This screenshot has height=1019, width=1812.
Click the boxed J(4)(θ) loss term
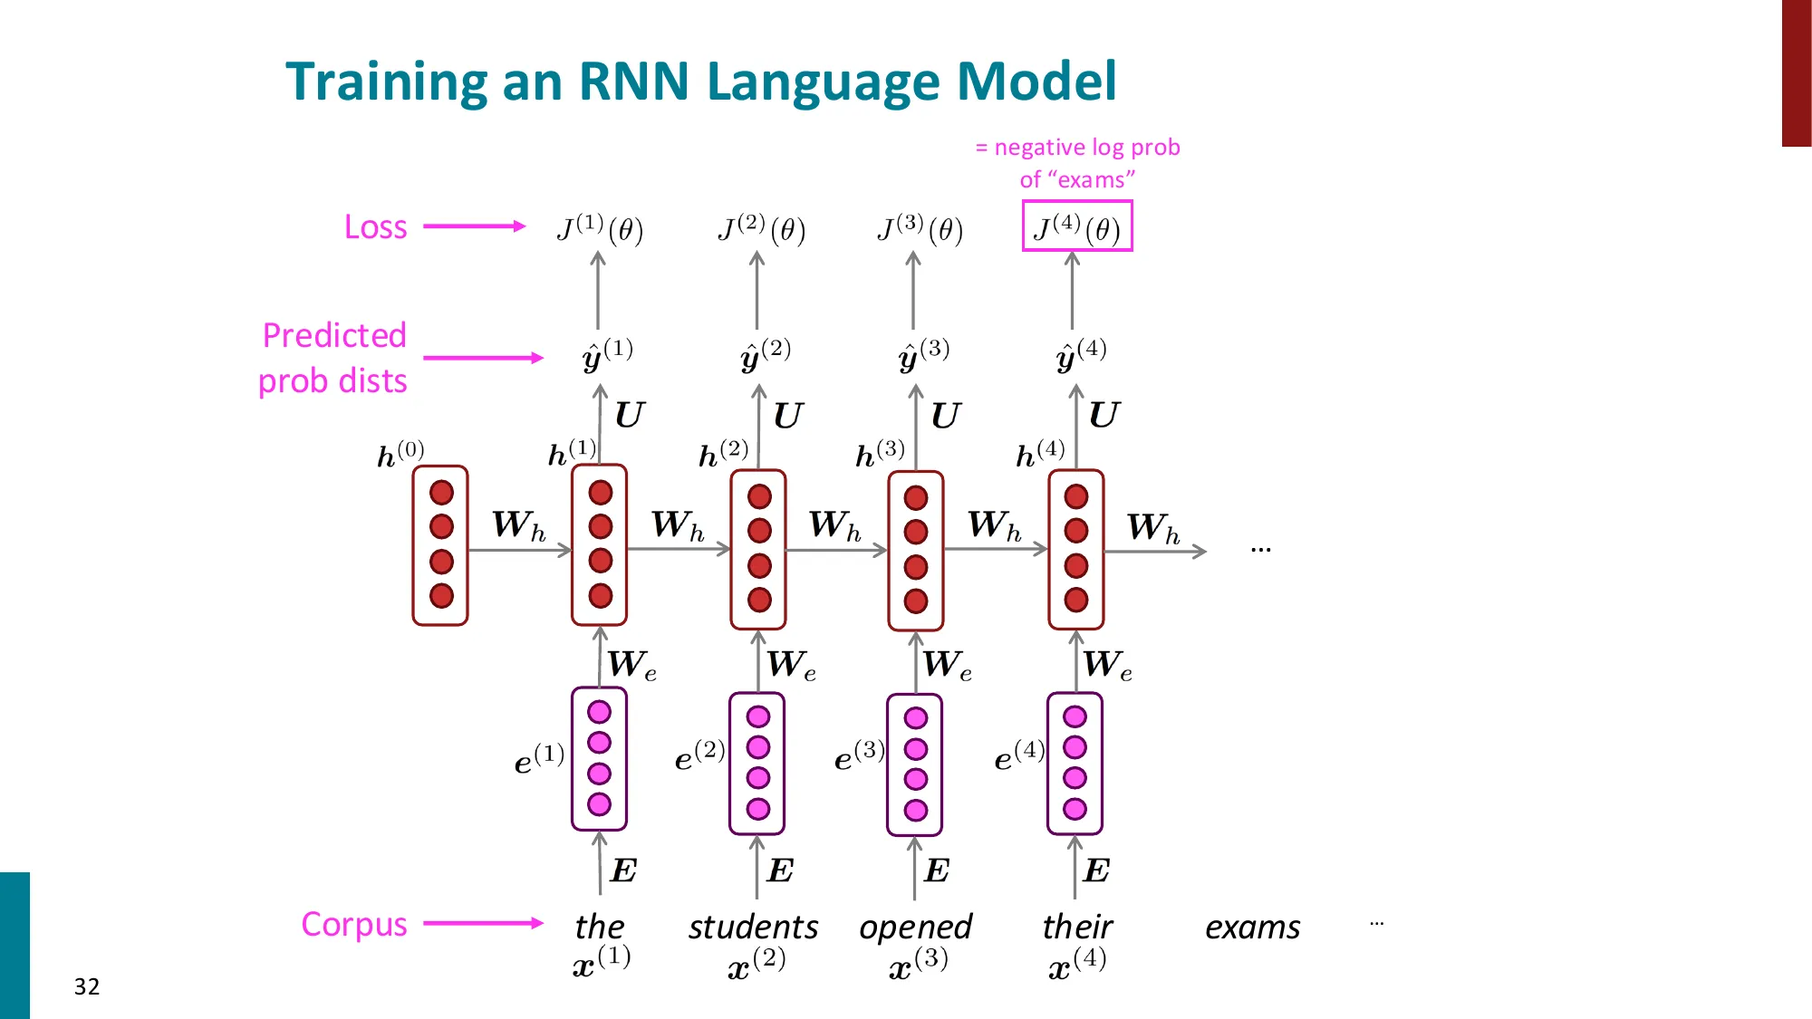[x=1076, y=226]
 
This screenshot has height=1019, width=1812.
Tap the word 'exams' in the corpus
[x=1252, y=927]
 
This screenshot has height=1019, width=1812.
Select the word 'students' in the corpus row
[x=753, y=927]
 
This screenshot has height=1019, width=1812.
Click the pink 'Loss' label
[x=375, y=226]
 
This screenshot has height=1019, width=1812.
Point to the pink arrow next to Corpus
[x=483, y=923]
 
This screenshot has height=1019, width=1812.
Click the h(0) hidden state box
[x=440, y=545]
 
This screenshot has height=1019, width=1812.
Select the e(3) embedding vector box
[x=915, y=764]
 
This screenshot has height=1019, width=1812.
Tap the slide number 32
[x=87, y=986]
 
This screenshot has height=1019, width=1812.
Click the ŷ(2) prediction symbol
[x=765, y=354]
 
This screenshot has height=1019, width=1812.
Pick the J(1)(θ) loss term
[x=600, y=228]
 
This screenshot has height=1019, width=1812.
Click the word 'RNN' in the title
[x=633, y=82]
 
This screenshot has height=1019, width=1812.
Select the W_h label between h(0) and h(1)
[x=518, y=524]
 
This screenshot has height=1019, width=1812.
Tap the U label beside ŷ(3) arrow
[x=946, y=416]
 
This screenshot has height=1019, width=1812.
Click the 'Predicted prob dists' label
[x=333, y=358]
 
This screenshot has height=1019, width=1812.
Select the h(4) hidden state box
[x=1075, y=549]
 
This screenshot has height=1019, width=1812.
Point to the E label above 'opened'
[x=937, y=870]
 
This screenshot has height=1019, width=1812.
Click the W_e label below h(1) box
[x=632, y=665]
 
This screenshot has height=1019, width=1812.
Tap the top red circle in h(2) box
[x=759, y=496]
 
